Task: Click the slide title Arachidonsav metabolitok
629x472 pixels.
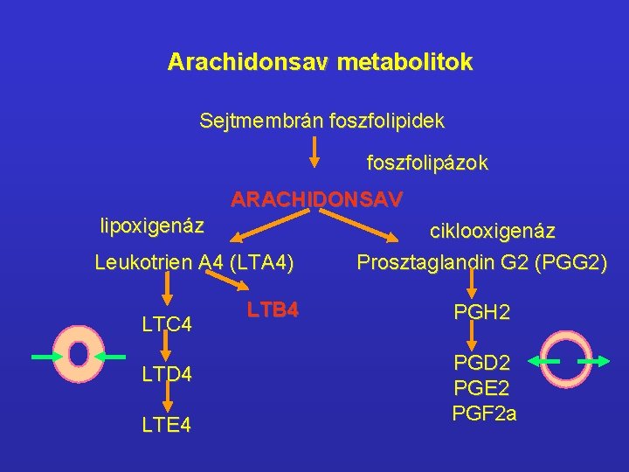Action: [321, 63]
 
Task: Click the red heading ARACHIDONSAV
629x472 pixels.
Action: [316, 200]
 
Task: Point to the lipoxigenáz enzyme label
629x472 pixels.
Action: [152, 226]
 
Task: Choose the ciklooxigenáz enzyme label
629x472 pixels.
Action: [492, 232]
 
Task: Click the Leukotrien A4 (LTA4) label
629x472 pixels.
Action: [194, 261]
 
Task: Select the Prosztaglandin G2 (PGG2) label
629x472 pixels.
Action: [481, 262]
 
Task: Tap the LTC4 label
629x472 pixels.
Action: [167, 325]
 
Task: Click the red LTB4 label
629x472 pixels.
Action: [273, 309]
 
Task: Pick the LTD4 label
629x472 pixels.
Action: [167, 375]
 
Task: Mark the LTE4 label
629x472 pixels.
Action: [167, 425]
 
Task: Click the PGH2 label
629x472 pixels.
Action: [481, 312]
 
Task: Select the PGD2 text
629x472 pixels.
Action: [481, 362]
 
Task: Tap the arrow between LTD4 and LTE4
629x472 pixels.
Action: [167, 399]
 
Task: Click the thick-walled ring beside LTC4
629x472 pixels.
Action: [79, 354]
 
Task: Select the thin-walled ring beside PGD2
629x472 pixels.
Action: [569, 360]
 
